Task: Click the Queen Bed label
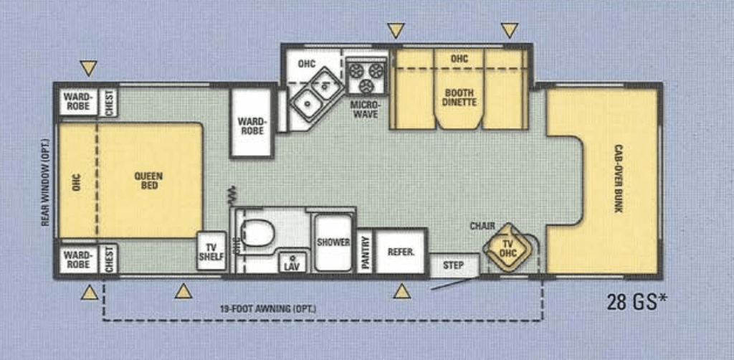pos(150,181)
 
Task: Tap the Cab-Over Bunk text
pos(618,179)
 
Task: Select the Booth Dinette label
pos(459,98)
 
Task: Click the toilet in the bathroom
pos(257,232)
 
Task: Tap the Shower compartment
pos(333,242)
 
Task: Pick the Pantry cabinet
pos(365,252)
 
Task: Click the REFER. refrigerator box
pos(401,252)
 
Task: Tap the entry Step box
pos(454,265)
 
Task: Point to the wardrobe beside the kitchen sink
pos(251,126)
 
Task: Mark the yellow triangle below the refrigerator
pos(402,291)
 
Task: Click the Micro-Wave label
pos(365,109)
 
